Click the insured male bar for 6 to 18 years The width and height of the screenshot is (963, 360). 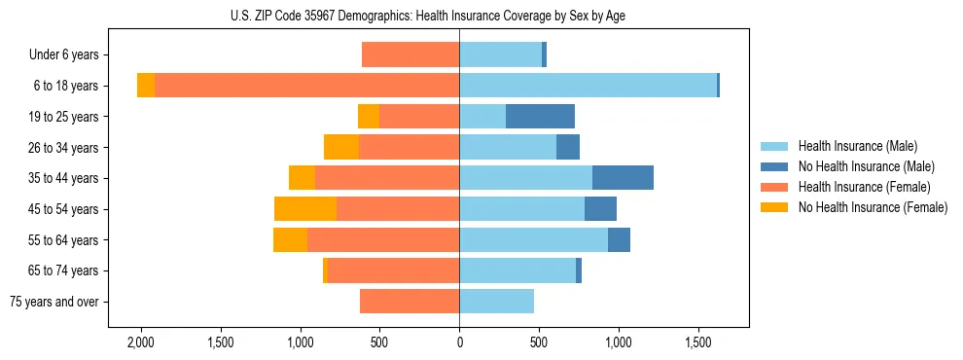point(588,86)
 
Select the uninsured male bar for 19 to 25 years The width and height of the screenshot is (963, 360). point(540,117)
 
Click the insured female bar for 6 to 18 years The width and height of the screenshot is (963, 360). point(306,86)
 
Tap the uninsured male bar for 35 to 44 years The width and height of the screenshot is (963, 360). point(623,178)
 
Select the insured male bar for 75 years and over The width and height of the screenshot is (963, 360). point(496,302)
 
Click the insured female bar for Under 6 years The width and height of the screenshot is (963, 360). point(410,55)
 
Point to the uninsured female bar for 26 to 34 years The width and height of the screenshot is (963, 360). point(341,148)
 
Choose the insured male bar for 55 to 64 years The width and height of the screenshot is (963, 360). point(533,240)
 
